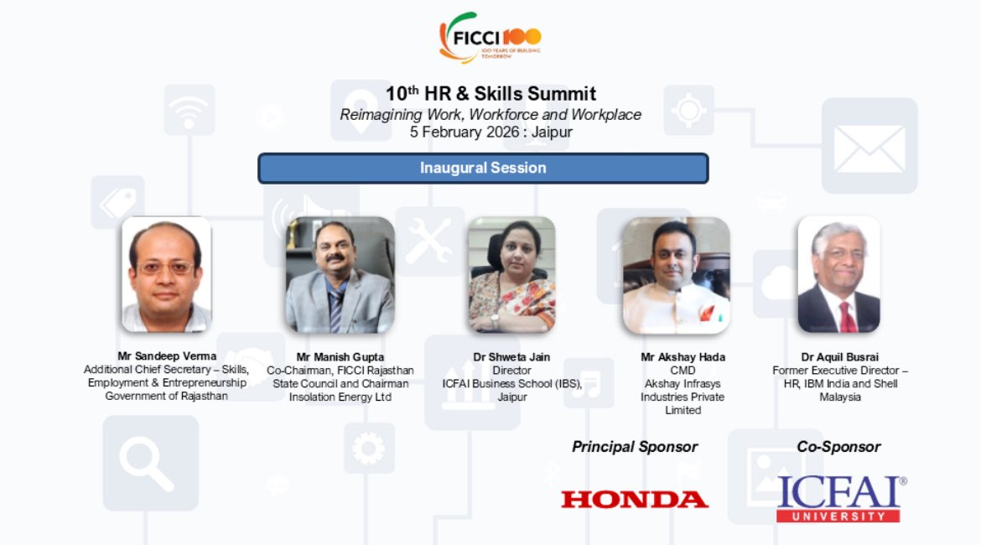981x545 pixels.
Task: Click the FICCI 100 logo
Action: click(x=490, y=37)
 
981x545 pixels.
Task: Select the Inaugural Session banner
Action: click(x=483, y=168)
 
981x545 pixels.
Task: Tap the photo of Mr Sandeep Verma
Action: click(x=166, y=274)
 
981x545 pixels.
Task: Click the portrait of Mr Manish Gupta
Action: click(x=340, y=275)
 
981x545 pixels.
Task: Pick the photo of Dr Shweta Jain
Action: click(x=511, y=275)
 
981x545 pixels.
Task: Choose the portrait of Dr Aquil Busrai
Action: click(x=838, y=274)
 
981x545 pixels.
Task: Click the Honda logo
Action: click(x=635, y=500)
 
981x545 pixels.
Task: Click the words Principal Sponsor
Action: click(x=635, y=447)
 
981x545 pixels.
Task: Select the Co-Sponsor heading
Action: click(x=838, y=447)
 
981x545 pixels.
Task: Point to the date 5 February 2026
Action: click(x=461, y=132)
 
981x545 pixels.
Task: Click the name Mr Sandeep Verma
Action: click(x=167, y=357)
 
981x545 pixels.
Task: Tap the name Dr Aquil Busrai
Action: click(x=839, y=357)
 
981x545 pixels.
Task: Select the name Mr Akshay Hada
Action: click(x=683, y=357)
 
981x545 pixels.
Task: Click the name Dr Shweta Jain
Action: click(x=511, y=357)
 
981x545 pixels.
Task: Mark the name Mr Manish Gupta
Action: click(x=340, y=357)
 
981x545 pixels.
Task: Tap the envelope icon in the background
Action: click(x=869, y=148)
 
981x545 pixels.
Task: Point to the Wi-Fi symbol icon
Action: click(x=189, y=110)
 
